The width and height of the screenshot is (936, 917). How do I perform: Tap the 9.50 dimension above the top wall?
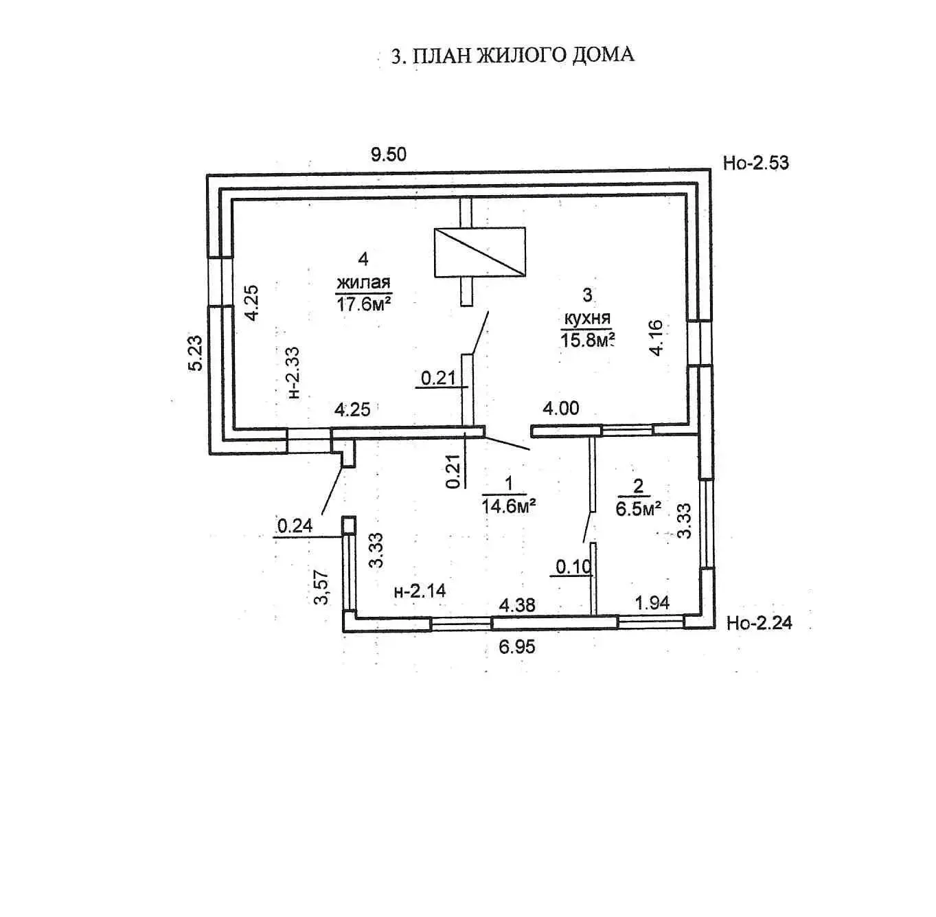(x=389, y=154)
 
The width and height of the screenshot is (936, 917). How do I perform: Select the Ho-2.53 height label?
(x=755, y=163)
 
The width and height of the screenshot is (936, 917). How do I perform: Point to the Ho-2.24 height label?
(x=759, y=623)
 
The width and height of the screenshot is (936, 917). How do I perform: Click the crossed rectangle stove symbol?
(x=479, y=252)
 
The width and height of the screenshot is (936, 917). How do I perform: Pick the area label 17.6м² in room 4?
(x=363, y=304)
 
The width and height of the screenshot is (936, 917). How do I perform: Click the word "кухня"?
(x=587, y=318)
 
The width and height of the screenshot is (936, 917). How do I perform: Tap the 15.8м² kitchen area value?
(x=587, y=339)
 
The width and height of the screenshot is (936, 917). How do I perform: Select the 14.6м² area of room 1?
(x=509, y=506)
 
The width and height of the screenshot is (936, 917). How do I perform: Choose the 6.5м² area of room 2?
(x=639, y=508)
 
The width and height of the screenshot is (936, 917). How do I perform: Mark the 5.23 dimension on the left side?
(x=196, y=353)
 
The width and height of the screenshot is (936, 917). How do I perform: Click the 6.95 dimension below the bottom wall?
(x=517, y=646)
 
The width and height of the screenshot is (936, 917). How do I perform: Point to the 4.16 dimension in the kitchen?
(x=657, y=337)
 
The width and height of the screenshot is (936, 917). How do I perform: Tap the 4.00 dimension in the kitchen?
(x=560, y=409)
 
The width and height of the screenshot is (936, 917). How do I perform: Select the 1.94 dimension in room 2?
(x=652, y=602)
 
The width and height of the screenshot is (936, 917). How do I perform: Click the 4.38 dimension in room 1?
(x=517, y=605)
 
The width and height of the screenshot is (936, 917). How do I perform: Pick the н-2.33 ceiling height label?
(x=293, y=372)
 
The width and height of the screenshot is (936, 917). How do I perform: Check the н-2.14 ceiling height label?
(x=420, y=591)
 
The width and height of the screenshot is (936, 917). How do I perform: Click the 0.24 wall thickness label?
(x=295, y=525)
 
